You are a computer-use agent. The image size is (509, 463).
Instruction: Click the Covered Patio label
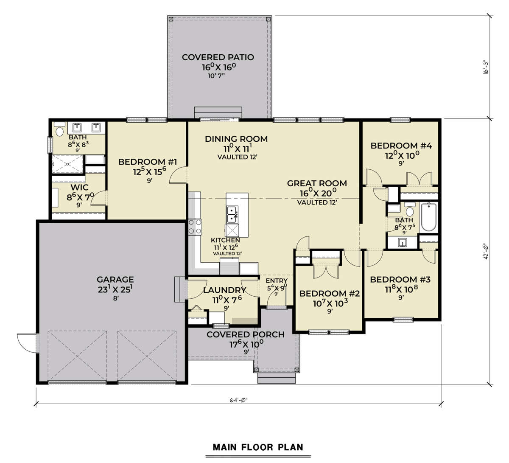coord(218,57)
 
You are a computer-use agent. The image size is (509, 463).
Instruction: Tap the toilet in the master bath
coord(59,129)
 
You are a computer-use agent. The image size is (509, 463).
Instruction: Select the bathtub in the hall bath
coord(428,217)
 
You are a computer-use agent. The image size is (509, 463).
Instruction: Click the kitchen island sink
coord(232,214)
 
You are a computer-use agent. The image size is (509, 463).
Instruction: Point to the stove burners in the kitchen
coord(195,227)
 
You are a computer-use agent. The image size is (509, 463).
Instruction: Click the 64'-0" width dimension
coord(238,400)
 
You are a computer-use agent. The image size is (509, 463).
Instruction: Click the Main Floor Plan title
coord(258,447)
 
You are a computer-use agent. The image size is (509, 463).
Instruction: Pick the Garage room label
coord(115,279)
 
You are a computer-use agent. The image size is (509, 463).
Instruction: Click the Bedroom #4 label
coord(401,146)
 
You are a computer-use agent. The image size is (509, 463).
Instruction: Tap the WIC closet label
coord(79,187)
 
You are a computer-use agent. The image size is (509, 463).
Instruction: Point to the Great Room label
coord(317,183)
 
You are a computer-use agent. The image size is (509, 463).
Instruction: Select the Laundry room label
coord(224,290)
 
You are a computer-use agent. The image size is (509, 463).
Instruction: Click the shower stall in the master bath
coord(67,164)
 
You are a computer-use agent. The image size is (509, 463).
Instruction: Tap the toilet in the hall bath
coord(410,210)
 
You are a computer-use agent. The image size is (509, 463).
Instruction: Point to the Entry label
coord(277,281)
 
